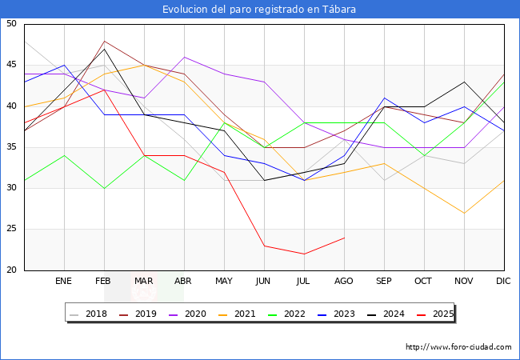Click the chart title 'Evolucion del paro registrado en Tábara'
[259, 10]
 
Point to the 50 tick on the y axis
[11, 24]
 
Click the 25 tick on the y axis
[11, 230]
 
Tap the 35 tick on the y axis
[11, 147]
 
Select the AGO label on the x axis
[344, 282]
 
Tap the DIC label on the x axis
[503, 282]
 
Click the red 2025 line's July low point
[304, 254]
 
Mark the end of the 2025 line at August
[344, 238]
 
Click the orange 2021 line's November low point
[464, 213]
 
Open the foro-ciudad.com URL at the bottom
[458, 347]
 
